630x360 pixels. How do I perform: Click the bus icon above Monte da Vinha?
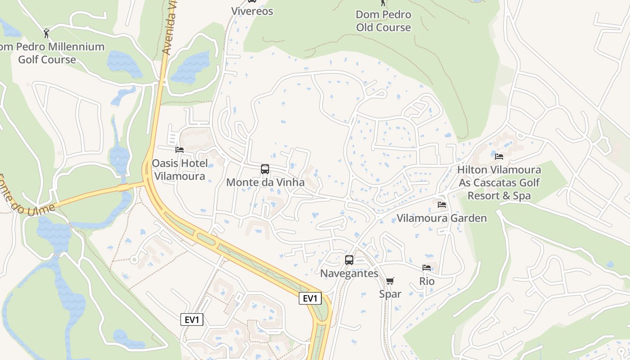pyautogui.click(x=265, y=169)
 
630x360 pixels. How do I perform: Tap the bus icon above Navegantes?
pyautogui.click(x=349, y=260)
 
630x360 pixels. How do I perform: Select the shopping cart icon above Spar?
pyautogui.click(x=390, y=281)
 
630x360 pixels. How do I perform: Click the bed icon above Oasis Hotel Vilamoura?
pyautogui.click(x=180, y=149)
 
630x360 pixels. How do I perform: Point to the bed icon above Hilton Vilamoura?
pyautogui.click(x=499, y=157)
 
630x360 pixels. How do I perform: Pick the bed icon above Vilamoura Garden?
pyautogui.click(x=442, y=205)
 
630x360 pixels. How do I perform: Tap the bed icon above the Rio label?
pyautogui.click(x=427, y=268)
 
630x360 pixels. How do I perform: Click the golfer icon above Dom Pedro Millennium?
pyautogui.click(x=46, y=33)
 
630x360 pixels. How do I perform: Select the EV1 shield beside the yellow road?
pyautogui.click(x=310, y=298)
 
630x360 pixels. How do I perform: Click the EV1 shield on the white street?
pyautogui.click(x=192, y=319)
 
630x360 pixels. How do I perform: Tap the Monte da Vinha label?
pyautogui.click(x=265, y=182)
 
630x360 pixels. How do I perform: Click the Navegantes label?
pyautogui.click(x=349, y=273)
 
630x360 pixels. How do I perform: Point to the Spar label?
pyautogui.click(x=390, y=294)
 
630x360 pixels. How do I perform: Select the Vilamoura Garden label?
pyautogui.click(x=441, y=218)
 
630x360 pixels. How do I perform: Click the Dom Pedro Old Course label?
pyautogui.click(x=383, y=21)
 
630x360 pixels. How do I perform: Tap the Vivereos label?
pyautogui.click(x=252, y=11)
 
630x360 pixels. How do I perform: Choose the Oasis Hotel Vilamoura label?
pyautogui.click(x=180, y=169)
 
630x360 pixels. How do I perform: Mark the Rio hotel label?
pyautogui.click(x=427, y=281)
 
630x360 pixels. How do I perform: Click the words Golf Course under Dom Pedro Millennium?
pyautogui.click(x=47, y=59)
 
